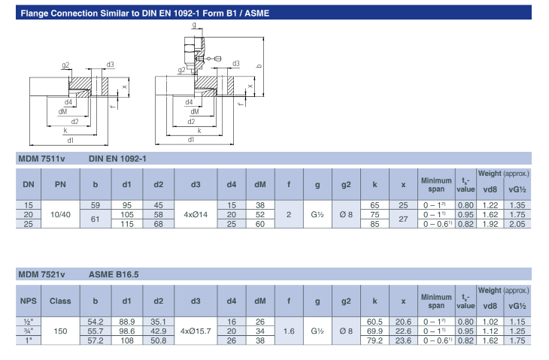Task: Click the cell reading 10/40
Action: [x=60, y=214]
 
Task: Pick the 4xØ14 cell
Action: [x=196, y=214]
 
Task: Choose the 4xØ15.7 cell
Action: [x=196, y=331]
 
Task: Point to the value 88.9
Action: [x=126, y=321]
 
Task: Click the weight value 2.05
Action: [x=517, y=224]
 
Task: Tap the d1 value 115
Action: [x=126, y=224]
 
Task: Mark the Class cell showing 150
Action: [x=60, y=331]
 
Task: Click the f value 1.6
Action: [x=289, y=331]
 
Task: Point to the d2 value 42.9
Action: [x=158, y=331]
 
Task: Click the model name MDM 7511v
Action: [x=42, y=159]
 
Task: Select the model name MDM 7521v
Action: [x=42, y=275]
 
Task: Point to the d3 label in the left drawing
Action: [x=110, y=65]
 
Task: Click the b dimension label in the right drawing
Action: [x=259, y=66]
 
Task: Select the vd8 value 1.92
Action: [x=490, y=224]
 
